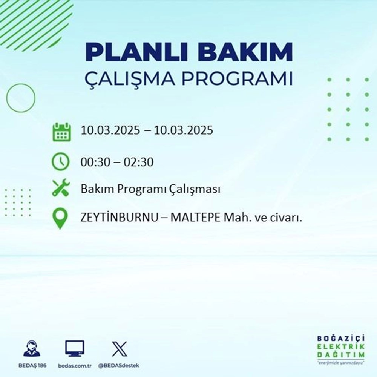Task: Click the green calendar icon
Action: (61, 131)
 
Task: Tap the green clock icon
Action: (61, 162)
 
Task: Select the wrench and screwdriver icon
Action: (61, 188)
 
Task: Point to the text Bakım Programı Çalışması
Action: (150, 190)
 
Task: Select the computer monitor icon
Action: (75, 349)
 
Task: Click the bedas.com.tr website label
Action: (75, 366)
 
